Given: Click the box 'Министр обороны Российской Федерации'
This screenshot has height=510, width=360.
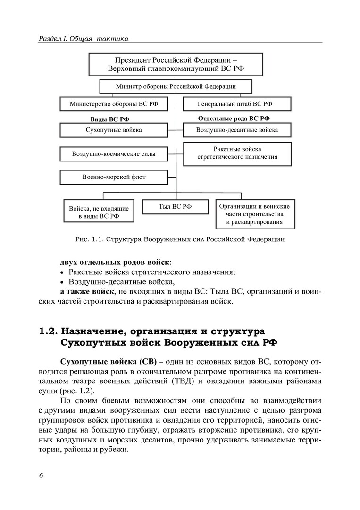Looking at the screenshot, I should pyautogui.click(x=176, y=86).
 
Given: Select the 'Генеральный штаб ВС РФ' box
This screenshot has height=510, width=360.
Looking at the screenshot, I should pyautogui.click(x=237, y=103).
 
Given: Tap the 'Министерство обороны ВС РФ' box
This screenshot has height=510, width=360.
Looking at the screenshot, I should pyautogui.click(x=114, y=103).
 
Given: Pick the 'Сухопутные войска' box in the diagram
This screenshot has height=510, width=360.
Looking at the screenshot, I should pyautogui.click(x=114, y=130).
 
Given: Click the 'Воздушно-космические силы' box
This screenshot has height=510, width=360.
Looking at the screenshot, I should pyautogui.click(x=114, y=154).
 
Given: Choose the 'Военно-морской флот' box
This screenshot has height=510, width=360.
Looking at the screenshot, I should pyautogui.click(x=114, y=178).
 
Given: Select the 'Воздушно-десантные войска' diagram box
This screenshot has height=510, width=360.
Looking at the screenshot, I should pyautogui.click(x=237, y=130).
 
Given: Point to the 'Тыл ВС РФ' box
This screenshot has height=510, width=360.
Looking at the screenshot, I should pyautogui.click(x=175, y=206).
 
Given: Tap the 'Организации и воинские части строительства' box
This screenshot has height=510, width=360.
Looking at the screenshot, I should pyautogui.click(x=254, y=214).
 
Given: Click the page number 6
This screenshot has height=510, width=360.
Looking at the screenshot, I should pyautogui.click(x=41, y=475).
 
